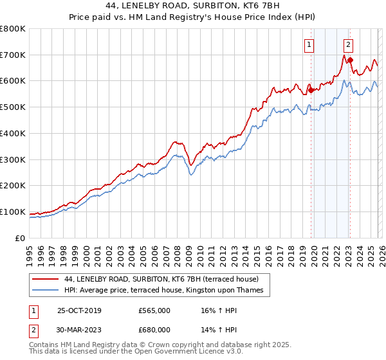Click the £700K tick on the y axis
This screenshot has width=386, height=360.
point(13,55)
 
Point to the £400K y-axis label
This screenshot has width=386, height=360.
point(13,134)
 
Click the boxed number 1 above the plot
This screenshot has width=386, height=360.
point(310,44)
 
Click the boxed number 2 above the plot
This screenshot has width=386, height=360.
point(348,44)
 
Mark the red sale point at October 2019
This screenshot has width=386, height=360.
point(311,90)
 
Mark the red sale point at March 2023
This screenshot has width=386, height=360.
point(350,60)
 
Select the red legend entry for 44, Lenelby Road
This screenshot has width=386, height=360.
point(161,280)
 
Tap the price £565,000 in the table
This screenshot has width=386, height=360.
point(154,310)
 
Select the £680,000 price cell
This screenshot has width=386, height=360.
point(154,330)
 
